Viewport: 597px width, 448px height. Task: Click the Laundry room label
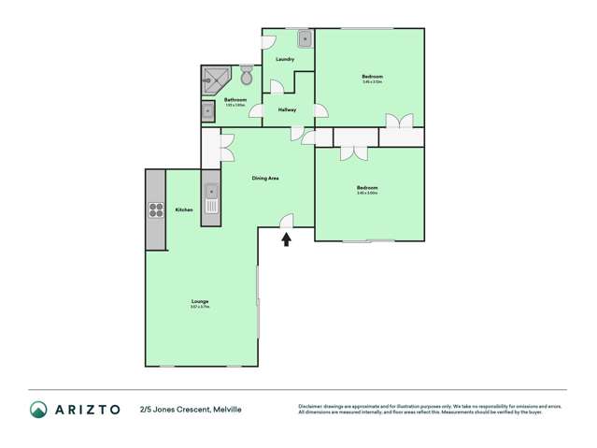coord(285,60)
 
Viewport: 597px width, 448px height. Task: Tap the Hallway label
coord(287,110)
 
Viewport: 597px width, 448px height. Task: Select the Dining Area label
coord(266,178)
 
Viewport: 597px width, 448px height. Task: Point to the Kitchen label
coord(184,210)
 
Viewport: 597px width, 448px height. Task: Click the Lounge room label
coord(199,300)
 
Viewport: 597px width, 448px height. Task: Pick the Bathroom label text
coord(235,100)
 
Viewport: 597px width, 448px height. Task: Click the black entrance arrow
coord(287,239)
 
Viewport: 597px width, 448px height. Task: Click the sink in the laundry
coord(305,38)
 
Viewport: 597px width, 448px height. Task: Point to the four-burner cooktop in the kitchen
coord(154,210)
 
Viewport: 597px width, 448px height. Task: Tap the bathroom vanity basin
coord(207,112)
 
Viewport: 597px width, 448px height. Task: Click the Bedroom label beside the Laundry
coord(372,76)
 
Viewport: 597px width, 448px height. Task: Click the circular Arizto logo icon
coord(38,410)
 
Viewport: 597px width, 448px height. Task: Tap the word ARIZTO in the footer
coord(87,410)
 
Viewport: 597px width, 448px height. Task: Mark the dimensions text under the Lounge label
coord(199,307)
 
